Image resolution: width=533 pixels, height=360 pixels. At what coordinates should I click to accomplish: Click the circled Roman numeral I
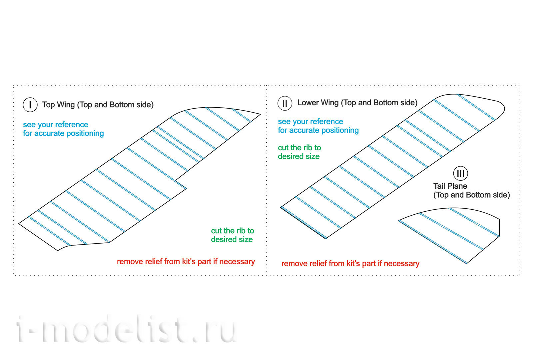pos(30,105)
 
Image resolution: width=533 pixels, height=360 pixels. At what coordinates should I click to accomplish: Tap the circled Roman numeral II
pos(285,103)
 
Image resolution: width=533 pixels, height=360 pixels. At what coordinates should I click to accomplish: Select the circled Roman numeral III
pos(460,173)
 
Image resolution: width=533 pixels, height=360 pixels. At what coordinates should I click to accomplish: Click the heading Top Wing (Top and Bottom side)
pos(98,105)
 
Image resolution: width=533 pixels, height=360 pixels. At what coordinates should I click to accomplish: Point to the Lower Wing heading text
pos(357,103)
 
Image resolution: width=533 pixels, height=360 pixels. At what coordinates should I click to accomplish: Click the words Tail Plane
pos(450,186)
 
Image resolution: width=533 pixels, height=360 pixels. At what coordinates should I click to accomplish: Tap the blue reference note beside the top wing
pos(63,129)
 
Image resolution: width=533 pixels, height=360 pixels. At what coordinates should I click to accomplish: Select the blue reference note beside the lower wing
pos(318,126)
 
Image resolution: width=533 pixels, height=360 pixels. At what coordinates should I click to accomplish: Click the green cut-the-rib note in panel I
pos(233,235)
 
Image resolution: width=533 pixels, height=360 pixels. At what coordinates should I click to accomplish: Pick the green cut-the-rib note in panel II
pos(299,152)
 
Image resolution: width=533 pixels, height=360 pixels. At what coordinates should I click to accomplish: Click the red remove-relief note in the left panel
pos(186,262)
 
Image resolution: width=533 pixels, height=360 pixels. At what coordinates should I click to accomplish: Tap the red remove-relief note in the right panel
pos(350,264)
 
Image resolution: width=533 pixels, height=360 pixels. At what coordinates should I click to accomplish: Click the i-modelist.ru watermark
pos(126,329)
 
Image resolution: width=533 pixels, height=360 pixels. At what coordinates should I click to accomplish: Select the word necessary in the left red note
pos(237,262)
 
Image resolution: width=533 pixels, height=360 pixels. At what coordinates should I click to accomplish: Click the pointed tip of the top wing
pos(260,114)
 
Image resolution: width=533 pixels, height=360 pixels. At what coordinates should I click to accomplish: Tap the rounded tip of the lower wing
pos(504,109)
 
